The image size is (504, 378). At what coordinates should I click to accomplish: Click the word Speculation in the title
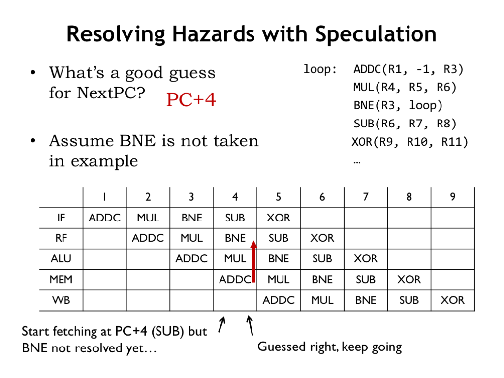tap(376, 34)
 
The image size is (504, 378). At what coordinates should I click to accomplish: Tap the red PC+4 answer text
tap(191, 99)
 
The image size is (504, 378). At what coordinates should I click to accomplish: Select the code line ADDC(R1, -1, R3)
tap(408, 70)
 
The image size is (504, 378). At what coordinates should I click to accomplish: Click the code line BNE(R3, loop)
tap(398, 106)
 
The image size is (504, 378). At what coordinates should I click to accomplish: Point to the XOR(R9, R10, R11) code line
tap(410, 142)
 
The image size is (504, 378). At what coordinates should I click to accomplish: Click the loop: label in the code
tap(320, 69)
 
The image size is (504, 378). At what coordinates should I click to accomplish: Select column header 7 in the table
tap(366, 197)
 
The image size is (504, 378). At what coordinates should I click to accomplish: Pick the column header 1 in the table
tap(104, 197)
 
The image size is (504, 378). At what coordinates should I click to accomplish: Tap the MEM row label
tap(61, 280)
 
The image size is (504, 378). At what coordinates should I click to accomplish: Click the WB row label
tap(61, 300)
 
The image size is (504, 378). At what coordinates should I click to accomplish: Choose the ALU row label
tap(61, 259)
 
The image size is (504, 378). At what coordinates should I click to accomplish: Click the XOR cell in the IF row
tap(279, 218)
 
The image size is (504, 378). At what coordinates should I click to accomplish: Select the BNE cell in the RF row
tap(235, 238)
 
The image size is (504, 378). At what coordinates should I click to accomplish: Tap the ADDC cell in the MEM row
tap(235, 280)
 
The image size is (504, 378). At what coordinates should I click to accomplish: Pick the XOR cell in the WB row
tap(452, 300)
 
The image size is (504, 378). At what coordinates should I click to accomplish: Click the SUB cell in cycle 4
tap(235, 218)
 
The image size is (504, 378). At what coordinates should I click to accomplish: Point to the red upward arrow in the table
tap(253, 261)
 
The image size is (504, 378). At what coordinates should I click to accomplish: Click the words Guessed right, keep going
tap(329, 347)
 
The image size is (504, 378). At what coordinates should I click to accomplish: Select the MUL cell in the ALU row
tap(235, 259)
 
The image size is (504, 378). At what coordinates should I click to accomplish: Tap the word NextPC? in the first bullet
tap(111, 93)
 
